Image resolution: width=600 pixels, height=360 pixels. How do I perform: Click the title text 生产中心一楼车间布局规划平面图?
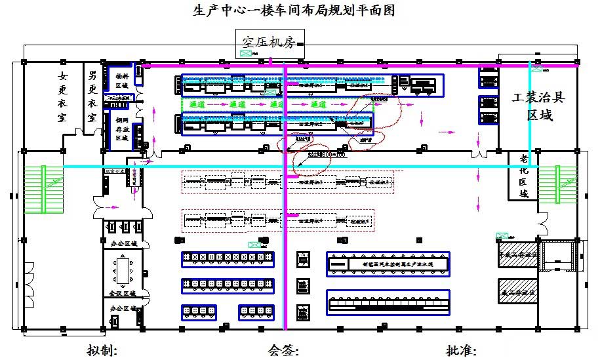(x=294, y=11)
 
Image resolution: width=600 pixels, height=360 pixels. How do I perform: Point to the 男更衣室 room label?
(x=92, y=96)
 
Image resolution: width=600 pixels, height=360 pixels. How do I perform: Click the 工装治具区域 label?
(x=538, y=106)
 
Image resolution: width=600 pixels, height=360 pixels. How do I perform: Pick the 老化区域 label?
(x=523, y=176)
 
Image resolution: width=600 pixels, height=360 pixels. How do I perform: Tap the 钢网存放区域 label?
(x=122, y=129)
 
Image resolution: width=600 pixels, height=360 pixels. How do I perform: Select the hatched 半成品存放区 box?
(x=519, y=254)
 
